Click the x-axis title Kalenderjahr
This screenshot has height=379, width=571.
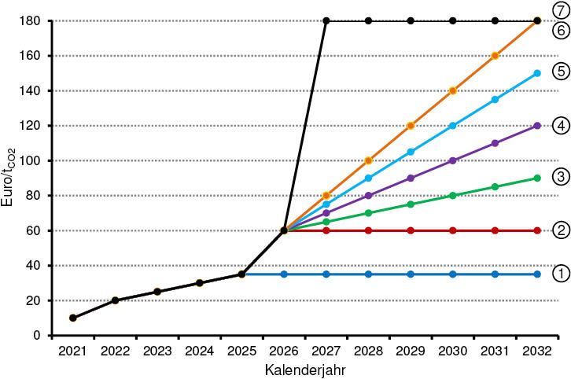(x=304, y=368)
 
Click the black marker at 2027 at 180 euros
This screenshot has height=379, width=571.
(x=326, y=20)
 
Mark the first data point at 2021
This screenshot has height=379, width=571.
(x=73, y=318)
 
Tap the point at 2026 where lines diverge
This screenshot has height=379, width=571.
(x=284, y=230)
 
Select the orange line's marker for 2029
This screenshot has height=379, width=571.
(x=411, y=126)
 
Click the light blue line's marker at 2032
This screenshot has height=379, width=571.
(x=537, y=73)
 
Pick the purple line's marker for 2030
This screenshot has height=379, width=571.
(x=453, y=160)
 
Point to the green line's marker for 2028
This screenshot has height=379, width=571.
(x=368, y=213)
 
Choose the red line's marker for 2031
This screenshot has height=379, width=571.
(x=495, y=230)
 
